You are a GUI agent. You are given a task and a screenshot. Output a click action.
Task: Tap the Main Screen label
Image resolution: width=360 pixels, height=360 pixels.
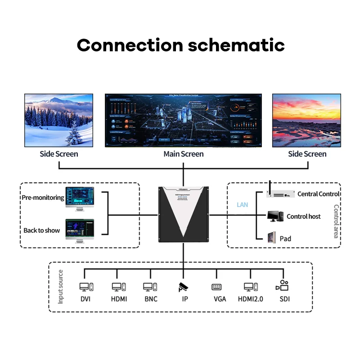183,154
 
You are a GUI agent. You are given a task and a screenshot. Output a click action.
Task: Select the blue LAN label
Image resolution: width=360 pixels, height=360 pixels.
243,205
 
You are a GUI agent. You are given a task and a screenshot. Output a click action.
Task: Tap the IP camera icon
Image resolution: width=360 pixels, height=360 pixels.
184,287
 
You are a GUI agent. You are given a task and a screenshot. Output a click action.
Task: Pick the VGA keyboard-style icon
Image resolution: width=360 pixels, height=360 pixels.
216,287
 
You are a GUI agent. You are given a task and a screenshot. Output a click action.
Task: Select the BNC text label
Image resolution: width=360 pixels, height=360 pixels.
151,299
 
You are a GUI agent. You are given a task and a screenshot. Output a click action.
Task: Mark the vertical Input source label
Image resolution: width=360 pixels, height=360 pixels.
61,287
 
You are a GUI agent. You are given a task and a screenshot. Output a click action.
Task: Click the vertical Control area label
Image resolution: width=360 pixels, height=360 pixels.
336,221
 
